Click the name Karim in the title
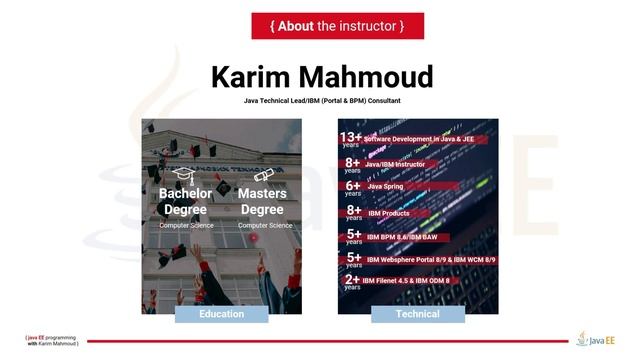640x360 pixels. (x=256, y=77)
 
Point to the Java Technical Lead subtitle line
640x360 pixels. (x=321, y=101)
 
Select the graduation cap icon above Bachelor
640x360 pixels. (x=184, y=176)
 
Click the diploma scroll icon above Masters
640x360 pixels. (x=263, y=176)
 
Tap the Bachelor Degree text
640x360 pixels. (x=185, y=201)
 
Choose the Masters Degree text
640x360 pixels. (x=263, y=201)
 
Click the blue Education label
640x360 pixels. (x=222, y=314)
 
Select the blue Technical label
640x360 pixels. (x=417, y=314)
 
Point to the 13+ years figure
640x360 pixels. (x=351, y=138)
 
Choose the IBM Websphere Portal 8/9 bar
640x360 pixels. (x=430, y=259)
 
